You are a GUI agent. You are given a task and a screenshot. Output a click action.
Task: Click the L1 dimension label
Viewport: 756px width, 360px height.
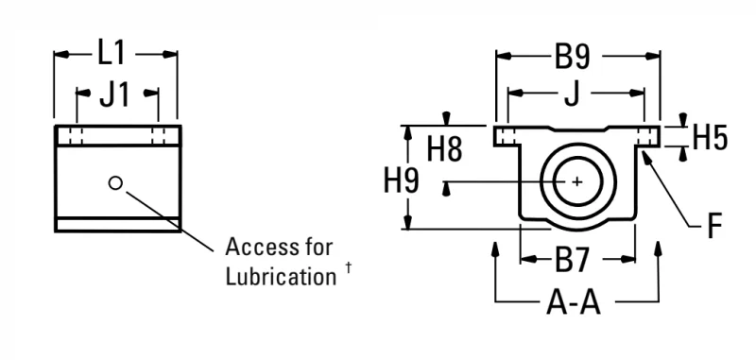[112, 53]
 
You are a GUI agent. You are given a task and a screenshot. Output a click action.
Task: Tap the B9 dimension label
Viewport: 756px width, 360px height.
[572, 57]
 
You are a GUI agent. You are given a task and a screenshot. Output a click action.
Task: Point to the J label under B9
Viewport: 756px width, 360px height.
[572, 94]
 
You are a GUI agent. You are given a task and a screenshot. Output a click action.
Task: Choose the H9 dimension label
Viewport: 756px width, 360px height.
[402, 180]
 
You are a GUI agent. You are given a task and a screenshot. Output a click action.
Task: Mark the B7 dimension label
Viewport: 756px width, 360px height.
[572, 260]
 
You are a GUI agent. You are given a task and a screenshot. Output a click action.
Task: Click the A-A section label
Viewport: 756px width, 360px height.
[574, 302]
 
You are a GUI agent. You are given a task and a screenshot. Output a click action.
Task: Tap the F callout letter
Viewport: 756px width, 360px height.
[714, 226]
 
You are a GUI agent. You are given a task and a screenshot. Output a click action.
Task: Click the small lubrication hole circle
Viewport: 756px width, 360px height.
[115, 182]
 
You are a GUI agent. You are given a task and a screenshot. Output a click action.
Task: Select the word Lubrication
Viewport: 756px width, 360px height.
[281, 277]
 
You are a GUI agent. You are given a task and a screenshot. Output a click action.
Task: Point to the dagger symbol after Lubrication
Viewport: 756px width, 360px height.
[349, 267]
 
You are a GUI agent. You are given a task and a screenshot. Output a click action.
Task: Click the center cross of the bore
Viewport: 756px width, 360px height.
[577, 181]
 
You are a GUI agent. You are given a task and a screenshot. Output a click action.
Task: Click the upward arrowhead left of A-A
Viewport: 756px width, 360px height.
[495, 249]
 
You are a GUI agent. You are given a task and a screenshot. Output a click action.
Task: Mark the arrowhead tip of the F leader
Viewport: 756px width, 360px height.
[644, 151]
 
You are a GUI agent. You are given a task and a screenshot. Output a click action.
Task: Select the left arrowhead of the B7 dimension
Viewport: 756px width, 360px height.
[528, 259]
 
